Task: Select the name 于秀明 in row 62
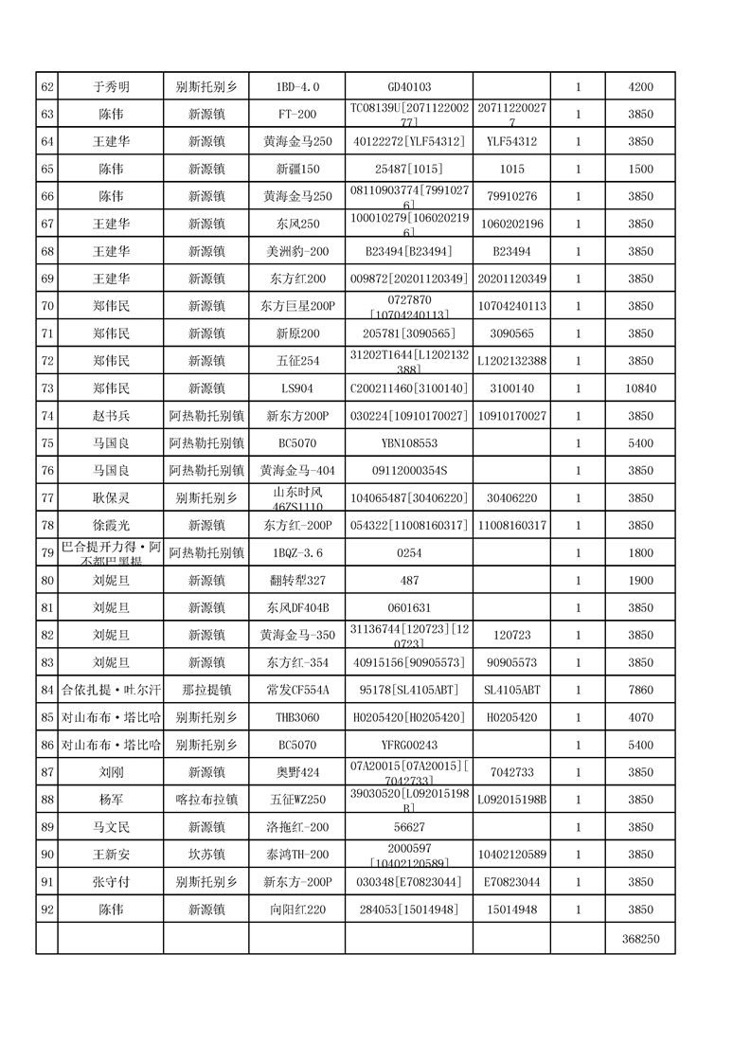111,87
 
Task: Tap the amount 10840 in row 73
640,388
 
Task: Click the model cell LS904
297,388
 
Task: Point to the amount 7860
640,690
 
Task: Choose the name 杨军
111,800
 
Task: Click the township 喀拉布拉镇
206,800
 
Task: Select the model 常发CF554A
297,690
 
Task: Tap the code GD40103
409,87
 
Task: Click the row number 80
47,581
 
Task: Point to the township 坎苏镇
206,855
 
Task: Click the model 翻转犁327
297,581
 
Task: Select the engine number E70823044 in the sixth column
511,882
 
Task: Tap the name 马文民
111,827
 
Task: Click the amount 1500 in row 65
640,170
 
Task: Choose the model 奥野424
297,772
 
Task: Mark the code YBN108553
409,443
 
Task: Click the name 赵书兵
111,416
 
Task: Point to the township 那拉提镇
206,690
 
